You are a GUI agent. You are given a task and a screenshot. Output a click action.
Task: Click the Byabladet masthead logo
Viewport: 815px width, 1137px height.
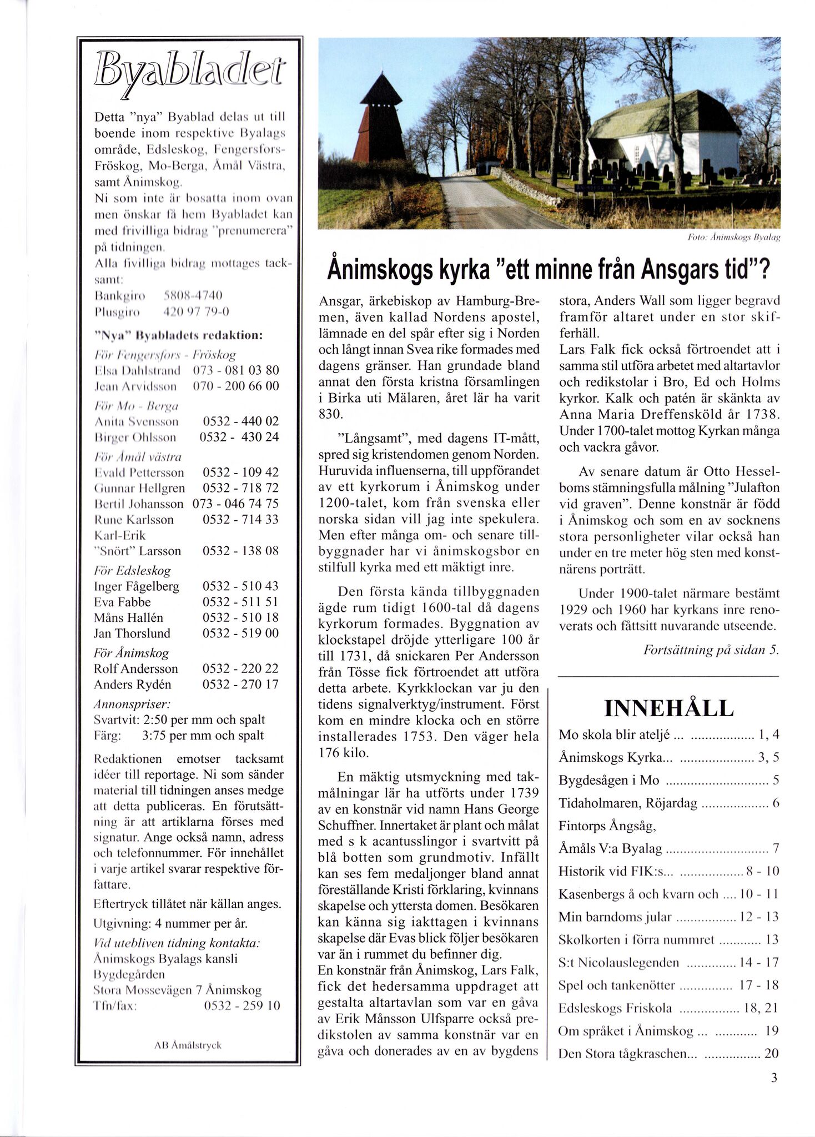click(x=189, y=76)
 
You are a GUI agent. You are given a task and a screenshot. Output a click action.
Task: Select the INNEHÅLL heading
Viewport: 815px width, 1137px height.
click(x=668, y=709)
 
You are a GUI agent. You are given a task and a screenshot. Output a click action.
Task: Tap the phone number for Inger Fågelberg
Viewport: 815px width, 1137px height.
click(x=240, y=586)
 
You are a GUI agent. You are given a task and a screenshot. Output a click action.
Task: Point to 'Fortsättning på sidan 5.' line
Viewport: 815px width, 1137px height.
click(x=711, y=650)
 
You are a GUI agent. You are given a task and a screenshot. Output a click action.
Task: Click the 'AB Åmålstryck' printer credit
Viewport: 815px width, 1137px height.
click(x=188, y=1045)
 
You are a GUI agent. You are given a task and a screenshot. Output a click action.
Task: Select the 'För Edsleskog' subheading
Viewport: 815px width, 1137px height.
click(x=132, y=571)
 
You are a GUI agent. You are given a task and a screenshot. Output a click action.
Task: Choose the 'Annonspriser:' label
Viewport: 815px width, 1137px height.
click(x=132, y=704)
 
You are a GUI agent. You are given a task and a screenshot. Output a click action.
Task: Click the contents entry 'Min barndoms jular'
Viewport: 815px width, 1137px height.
click(x=615, y=917)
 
